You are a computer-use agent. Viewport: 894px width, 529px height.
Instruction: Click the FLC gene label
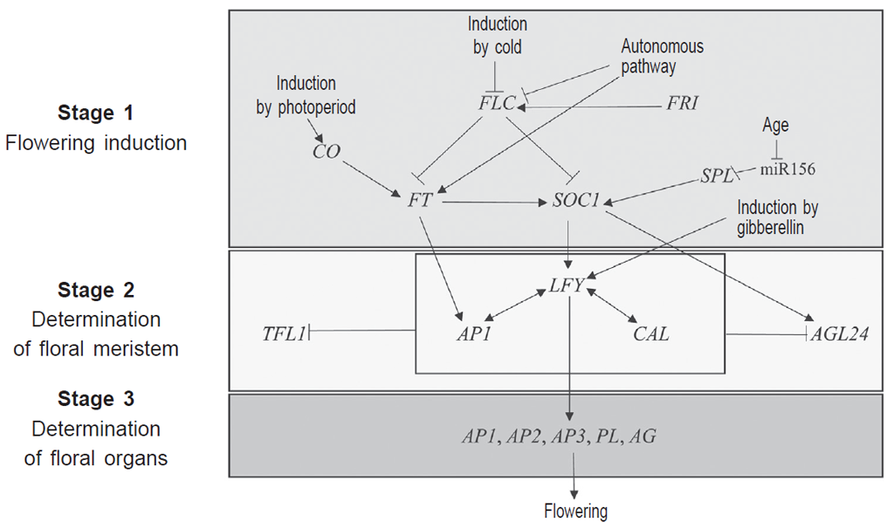(497, 104)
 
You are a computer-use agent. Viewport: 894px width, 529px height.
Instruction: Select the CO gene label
(326, 152)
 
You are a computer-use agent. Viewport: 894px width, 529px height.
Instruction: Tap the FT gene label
(420, 200)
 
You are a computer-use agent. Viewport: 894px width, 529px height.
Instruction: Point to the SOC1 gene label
(576, 200)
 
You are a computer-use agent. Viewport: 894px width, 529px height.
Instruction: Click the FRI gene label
(682, 103)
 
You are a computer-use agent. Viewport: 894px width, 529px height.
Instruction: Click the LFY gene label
(567, 285)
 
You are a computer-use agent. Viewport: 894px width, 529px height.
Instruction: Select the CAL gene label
(650, 334)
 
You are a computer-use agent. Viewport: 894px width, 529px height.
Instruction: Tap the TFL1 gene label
(283, 333)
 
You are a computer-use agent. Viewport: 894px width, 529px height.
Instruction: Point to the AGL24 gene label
(840, 334)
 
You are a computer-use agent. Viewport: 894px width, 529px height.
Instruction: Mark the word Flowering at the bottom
(574, 512)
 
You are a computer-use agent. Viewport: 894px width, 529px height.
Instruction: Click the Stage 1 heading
(97, 113)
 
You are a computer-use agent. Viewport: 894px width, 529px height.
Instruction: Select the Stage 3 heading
(96, 400)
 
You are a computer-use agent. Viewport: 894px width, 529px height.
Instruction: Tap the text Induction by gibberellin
(778, 217)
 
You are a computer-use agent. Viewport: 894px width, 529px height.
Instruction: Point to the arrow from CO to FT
(373, 177)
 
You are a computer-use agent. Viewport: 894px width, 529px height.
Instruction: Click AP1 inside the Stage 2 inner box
(472, 334)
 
